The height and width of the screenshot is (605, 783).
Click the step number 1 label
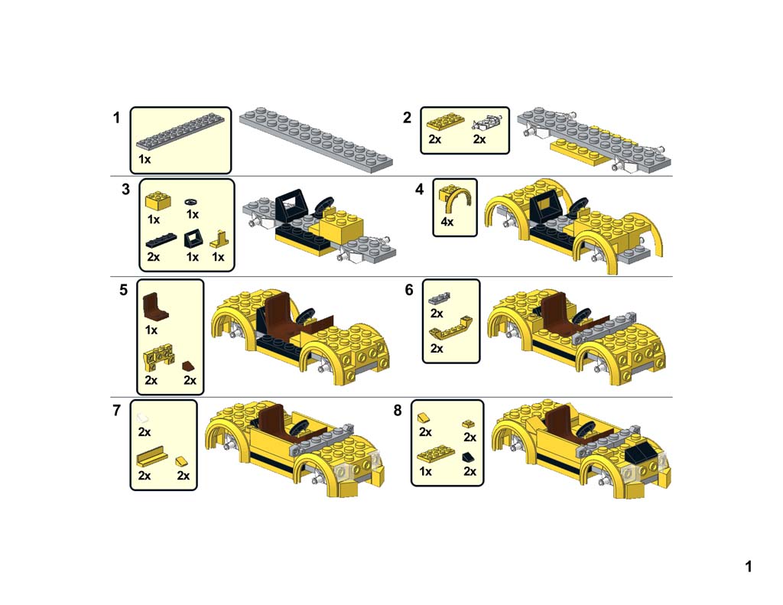[117, 118]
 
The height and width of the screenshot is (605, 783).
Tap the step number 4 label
[420, 190]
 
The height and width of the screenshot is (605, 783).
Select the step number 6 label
[409, 290]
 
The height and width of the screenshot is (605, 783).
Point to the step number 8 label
[398, 411]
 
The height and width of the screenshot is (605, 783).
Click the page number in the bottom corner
[749, 567]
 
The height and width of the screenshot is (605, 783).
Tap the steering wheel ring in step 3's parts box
[193, 200]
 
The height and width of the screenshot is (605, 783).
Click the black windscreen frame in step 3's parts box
[192, 237]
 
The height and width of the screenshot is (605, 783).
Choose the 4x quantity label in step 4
[447, 223]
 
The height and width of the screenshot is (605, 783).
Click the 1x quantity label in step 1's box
[145, 159]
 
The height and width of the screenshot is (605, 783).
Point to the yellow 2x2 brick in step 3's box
[158, 200]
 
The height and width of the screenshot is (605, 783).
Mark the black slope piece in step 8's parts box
[468, 457]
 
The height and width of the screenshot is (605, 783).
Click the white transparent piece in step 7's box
[144, 418]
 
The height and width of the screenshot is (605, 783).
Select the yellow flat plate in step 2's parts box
[444, 122]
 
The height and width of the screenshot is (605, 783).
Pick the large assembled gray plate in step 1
[315, 138]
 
